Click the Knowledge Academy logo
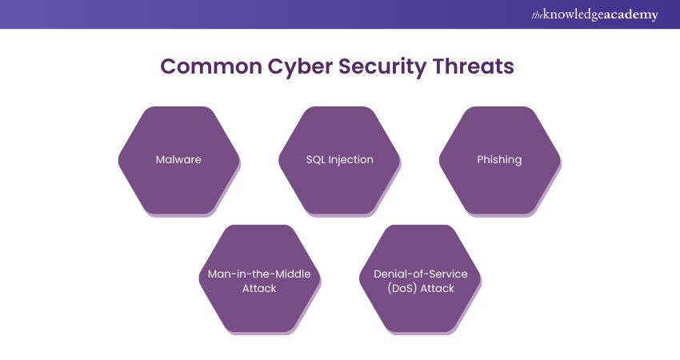click(x=594, y=14)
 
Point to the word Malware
click(x=178, y=159)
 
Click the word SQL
click(x=317, y=159)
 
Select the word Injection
click(x=351, y=159)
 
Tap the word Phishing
click(x=499, y=159)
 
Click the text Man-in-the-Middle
click(x=259, y=274)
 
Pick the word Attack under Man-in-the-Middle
click(x=259, y=288)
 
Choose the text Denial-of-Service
click(x=420, y=274)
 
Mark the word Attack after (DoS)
click(x=439, y=288)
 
